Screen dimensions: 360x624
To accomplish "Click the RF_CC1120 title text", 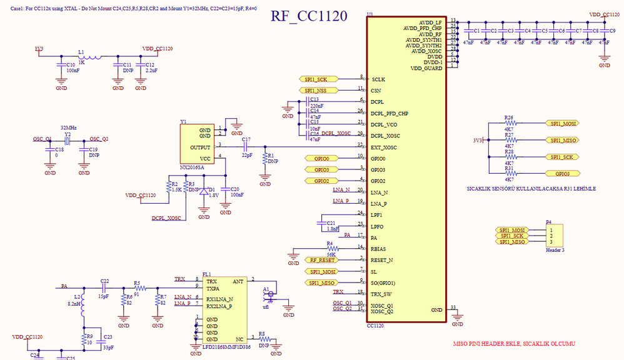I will [x=309, y=16].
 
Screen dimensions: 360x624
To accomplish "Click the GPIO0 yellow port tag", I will [x=322, y=158].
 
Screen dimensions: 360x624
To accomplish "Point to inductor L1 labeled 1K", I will [x=82, y=54].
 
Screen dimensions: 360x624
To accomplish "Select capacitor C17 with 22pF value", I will [x=246, y=147].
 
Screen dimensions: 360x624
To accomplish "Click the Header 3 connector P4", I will [x=553, y=236].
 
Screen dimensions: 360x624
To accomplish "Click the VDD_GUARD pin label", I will [x=426, y=68].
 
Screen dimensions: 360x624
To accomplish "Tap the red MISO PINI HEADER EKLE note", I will [x=513, y=344].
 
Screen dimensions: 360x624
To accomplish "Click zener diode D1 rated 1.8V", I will [x=203, y=193].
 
